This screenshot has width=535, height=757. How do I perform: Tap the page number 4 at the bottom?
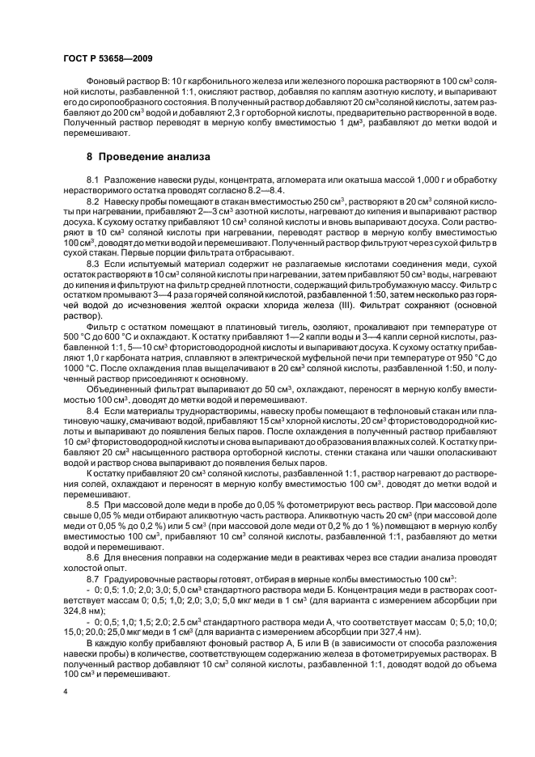tap(66, 692)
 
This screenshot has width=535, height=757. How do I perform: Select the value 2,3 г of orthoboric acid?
tap(233, 114)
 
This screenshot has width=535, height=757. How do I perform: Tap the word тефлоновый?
tap(384, 410)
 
